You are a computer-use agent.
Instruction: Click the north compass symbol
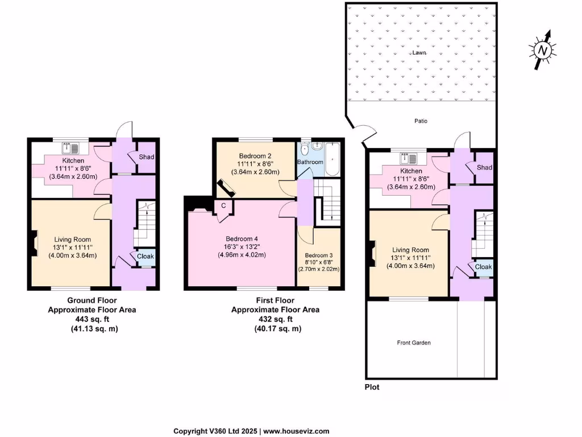point(543,50)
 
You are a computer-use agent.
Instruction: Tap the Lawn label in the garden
point(419,52)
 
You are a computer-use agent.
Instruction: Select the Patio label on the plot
point(421,121)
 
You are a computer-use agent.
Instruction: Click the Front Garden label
point(414,343)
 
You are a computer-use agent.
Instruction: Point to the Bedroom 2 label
point(255,155)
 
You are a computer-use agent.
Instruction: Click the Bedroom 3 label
point(318,255)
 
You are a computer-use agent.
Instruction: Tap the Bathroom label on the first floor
point(310,162)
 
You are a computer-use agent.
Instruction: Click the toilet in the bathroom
point(305,149)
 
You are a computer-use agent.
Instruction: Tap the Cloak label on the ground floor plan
point(145,257)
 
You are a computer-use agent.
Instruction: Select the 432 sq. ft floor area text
point(275,319)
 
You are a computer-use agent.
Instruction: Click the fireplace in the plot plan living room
point(372,254)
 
